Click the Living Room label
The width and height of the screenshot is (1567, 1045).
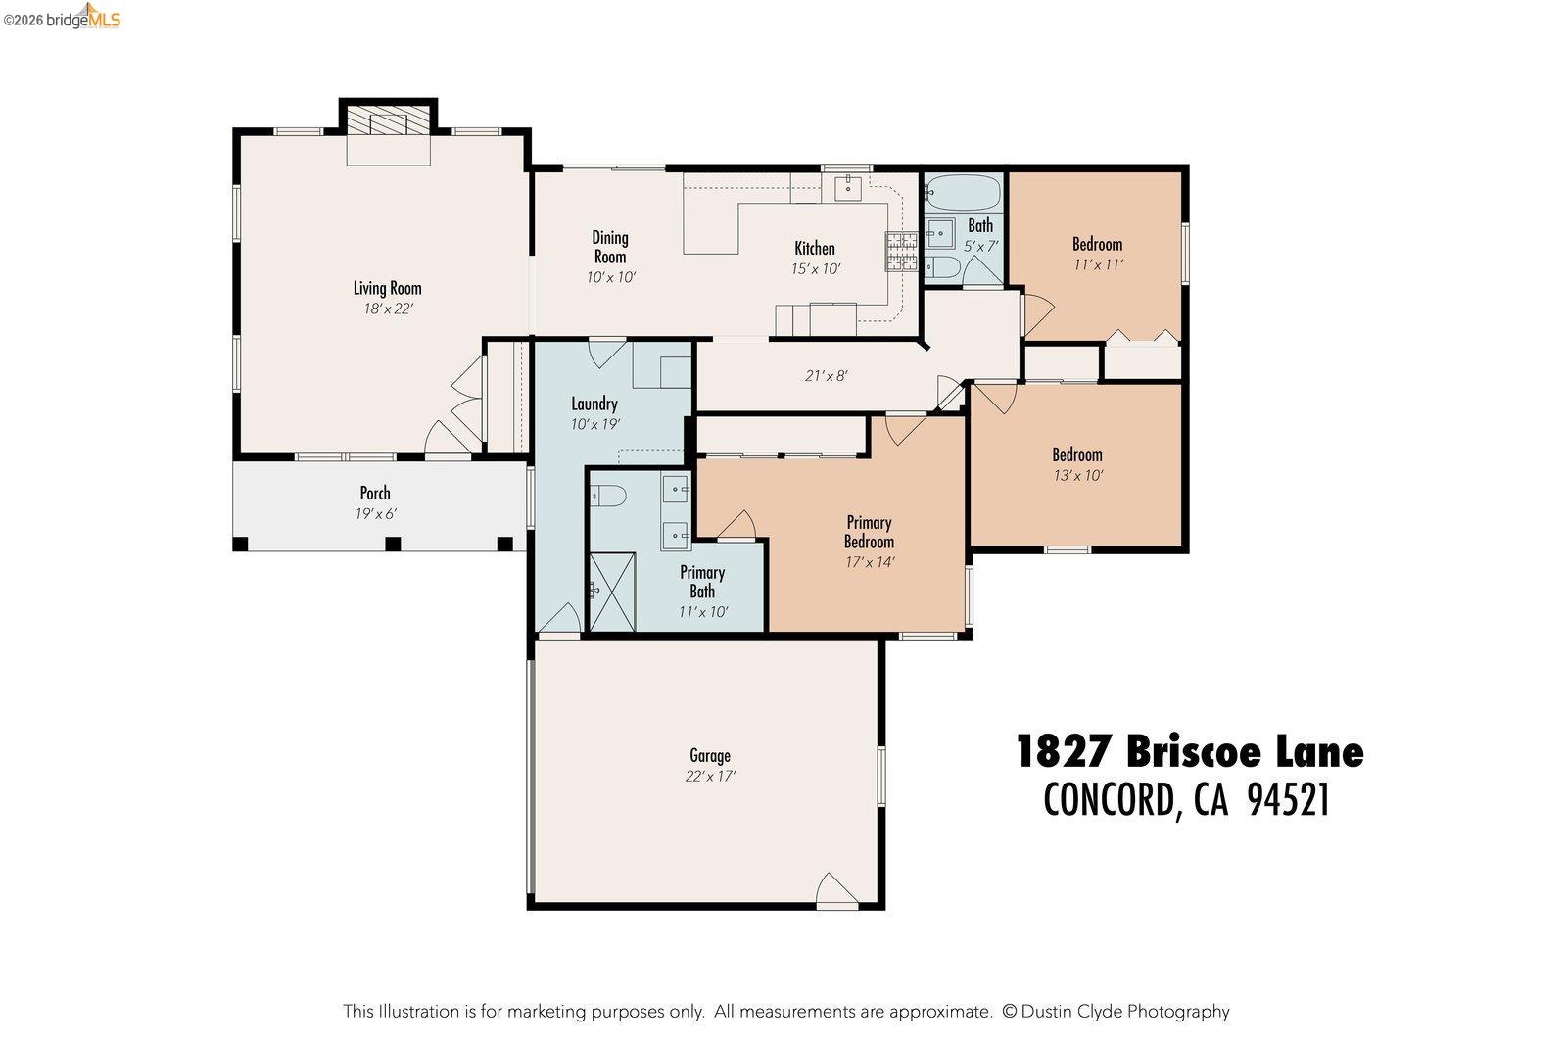[x=387, y=288]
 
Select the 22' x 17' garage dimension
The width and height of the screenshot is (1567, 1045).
[x=710, y=776]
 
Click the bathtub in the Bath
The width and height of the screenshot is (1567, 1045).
[x=961, y=191]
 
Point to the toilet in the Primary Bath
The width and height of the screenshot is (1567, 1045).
[x=609, y=497]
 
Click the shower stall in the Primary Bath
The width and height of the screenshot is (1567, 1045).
[x=612, y=592]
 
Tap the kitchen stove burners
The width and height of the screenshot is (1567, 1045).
[x=901, y=252]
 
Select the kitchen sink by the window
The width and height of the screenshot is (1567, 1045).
[x=847, y=187]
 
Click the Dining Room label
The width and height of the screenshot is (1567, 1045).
[x=610, y=247]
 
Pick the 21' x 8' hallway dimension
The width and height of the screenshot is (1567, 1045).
[x=826, y=375]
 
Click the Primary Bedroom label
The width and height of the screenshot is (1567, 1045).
[x=869, y=532]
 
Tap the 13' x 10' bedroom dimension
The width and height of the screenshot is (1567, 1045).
[x=1077, y=476]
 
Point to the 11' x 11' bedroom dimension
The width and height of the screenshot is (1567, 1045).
[x=1097, y=264]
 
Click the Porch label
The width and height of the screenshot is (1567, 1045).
[x=375, y=493]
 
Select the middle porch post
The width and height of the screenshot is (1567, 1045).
[x=393, y=544]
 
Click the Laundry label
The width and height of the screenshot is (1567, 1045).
[x=594, y=404]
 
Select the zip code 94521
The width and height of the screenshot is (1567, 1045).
[x=1288, y=800]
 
